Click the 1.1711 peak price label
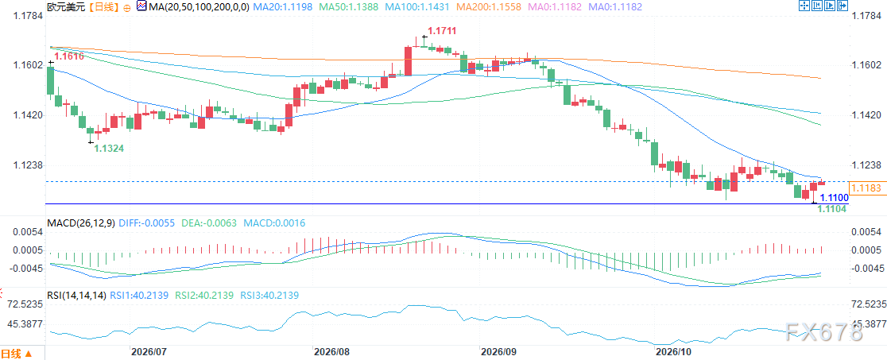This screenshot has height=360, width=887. [443, 31]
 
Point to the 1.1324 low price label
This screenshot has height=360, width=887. [109, 148]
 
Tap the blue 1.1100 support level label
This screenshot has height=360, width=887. [834, 198]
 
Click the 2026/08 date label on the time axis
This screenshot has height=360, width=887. [333, 351]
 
